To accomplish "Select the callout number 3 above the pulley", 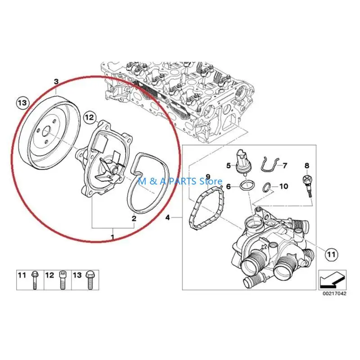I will pyautogui.click(x=56, y=81).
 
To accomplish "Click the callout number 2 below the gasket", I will pyautogui.click(x=134, y=219).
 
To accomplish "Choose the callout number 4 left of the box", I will pyautogui.click(x=168, y=218).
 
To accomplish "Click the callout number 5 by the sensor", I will pyautogui.click(x=229, y=165).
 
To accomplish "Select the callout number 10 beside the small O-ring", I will pyautogui.click(x=283, y=186).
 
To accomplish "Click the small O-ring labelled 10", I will pyautogui.click(x=267, y=186).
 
